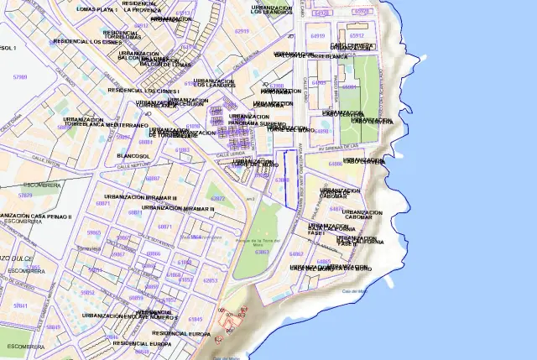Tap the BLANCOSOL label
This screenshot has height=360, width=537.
133,156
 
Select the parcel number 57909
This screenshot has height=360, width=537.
20,76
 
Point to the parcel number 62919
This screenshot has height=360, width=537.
242,30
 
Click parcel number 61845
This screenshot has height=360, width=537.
195,320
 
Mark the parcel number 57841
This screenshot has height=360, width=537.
20,306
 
